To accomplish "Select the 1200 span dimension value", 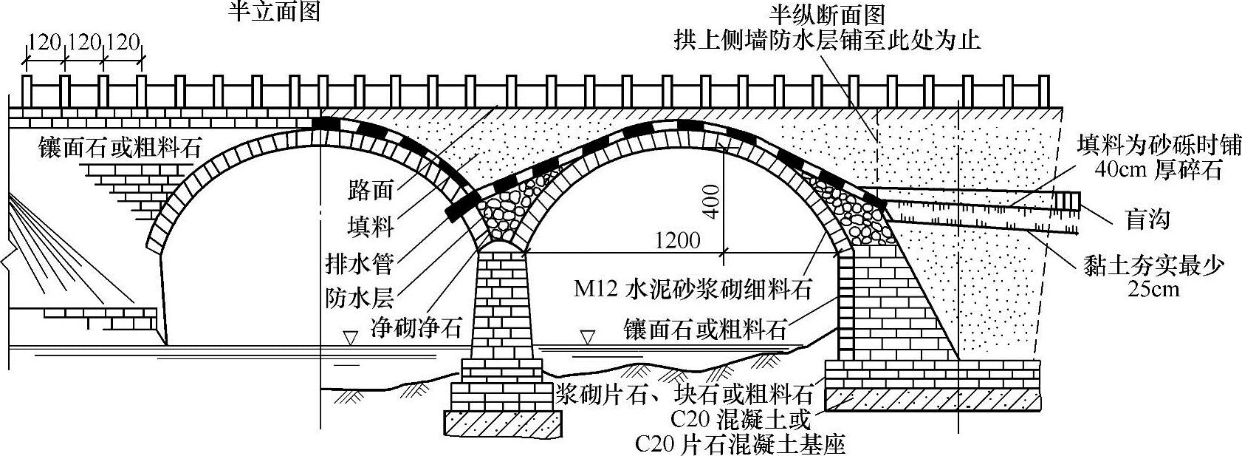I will [x=676, y=242].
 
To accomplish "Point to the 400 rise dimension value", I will [x=711, y=200].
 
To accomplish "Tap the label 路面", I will [x=370, y=190].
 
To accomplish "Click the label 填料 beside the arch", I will [x=370, y=225].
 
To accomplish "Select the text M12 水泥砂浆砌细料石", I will [x=693, y=288].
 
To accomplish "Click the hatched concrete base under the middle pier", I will [x=501, y=423].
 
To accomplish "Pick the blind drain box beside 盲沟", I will [x=1068, y=201].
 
